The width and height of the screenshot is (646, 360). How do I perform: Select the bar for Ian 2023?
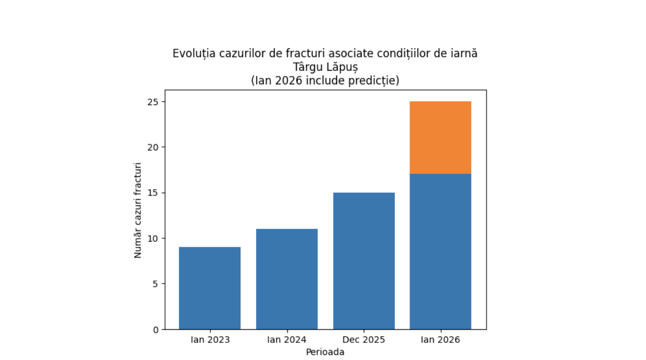210,288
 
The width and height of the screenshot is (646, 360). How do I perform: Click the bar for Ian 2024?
287,279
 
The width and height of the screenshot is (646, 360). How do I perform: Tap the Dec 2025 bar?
364,261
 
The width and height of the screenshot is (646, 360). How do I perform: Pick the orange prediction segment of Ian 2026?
441,138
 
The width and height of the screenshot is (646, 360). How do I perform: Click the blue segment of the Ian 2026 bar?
441,251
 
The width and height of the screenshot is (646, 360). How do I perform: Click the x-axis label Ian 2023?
210,340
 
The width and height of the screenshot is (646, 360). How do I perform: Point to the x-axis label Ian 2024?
287,340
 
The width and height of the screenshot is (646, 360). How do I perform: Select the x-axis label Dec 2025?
364,340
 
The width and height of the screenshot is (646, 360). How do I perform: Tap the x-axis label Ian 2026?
441,340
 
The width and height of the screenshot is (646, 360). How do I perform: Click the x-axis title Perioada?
325,352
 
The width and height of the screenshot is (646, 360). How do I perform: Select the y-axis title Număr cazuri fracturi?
138,210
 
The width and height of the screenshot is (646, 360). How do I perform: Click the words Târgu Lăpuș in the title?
325,67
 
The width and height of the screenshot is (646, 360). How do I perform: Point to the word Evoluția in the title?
193,54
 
